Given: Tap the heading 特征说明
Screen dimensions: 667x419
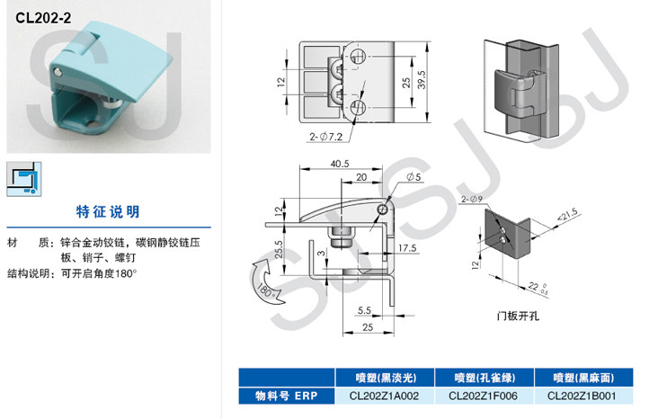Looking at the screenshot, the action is pyautogui.click(x=108, y=212).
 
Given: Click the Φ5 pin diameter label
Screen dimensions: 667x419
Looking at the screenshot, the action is pyautogui.click(x=414, y=177).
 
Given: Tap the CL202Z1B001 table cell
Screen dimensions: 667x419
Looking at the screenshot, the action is pyautogui.click(x=582, y=395).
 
